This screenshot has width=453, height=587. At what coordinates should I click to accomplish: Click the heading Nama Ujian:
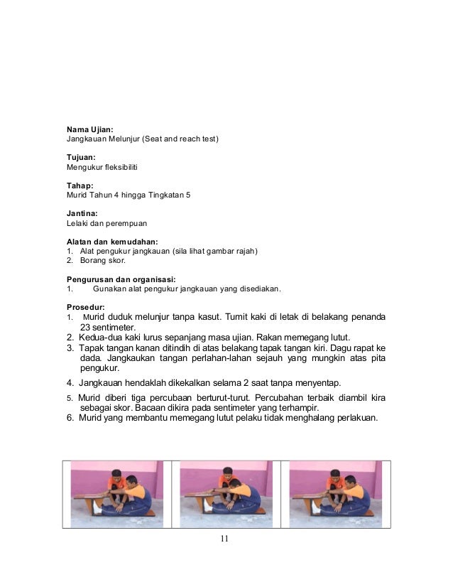[x=89, y=129]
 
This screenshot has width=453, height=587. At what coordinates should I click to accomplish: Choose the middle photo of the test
[x=226, y=493]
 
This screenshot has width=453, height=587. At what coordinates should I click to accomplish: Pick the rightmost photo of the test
[x=336, y=493]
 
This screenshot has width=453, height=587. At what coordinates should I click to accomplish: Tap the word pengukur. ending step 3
[x=100, y=369]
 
